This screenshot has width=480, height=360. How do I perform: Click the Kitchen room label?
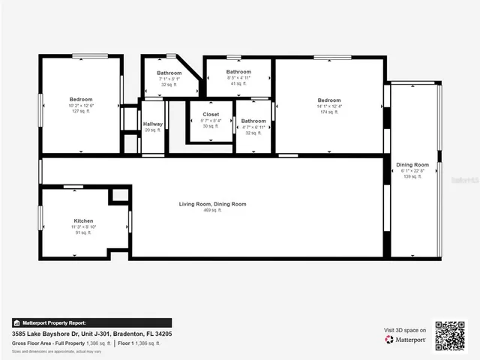point(83,220)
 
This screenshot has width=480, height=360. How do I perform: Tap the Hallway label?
point(153,124)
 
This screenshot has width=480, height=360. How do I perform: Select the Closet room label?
point(211,115)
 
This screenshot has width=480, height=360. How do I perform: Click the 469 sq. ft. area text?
point(212,210)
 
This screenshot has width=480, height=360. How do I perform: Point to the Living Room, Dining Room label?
point(212,204)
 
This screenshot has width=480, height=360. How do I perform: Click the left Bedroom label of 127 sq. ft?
point(81,100)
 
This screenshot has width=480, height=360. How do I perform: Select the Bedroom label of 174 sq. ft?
point(328,100)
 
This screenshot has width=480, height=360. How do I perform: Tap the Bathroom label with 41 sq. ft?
point(238,72)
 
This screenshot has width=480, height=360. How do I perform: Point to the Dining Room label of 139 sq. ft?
point(412,164)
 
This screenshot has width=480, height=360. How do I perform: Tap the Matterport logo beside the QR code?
point(406,340)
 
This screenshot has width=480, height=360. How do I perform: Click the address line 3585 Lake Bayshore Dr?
point(91,333)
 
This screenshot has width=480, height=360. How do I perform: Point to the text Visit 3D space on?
point(405,330)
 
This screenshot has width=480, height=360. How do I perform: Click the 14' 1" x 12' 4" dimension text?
point(328,106)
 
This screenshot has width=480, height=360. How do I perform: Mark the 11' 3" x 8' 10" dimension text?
point(83,226)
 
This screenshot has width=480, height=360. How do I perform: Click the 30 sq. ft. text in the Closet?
point(211,126)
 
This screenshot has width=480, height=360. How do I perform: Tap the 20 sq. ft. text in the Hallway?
point(153,130)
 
